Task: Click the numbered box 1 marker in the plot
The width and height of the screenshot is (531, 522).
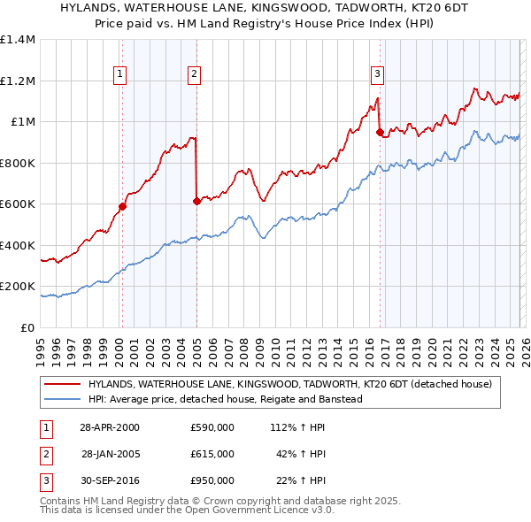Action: coord(119,74)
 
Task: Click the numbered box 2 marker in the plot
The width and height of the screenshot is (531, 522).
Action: coord(194,74)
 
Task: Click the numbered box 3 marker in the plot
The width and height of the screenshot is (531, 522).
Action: coord(377,74)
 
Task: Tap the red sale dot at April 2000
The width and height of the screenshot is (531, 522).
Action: coord(123,207)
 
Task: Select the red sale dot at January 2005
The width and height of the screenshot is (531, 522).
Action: coord(196,202)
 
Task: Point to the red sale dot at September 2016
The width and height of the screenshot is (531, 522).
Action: coord(380,133)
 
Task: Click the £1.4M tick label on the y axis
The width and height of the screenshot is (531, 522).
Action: coord(18,40)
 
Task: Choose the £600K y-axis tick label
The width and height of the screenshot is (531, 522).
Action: coord(18,204)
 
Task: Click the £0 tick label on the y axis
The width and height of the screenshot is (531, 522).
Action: coord(27,327)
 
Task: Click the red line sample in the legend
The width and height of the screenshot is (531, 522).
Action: coord(63,385)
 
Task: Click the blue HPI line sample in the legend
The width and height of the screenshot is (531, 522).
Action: coord(63,399)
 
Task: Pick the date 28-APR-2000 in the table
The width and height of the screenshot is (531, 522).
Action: coord(109,427)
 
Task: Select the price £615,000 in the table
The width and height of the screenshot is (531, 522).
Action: coord(212,454)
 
